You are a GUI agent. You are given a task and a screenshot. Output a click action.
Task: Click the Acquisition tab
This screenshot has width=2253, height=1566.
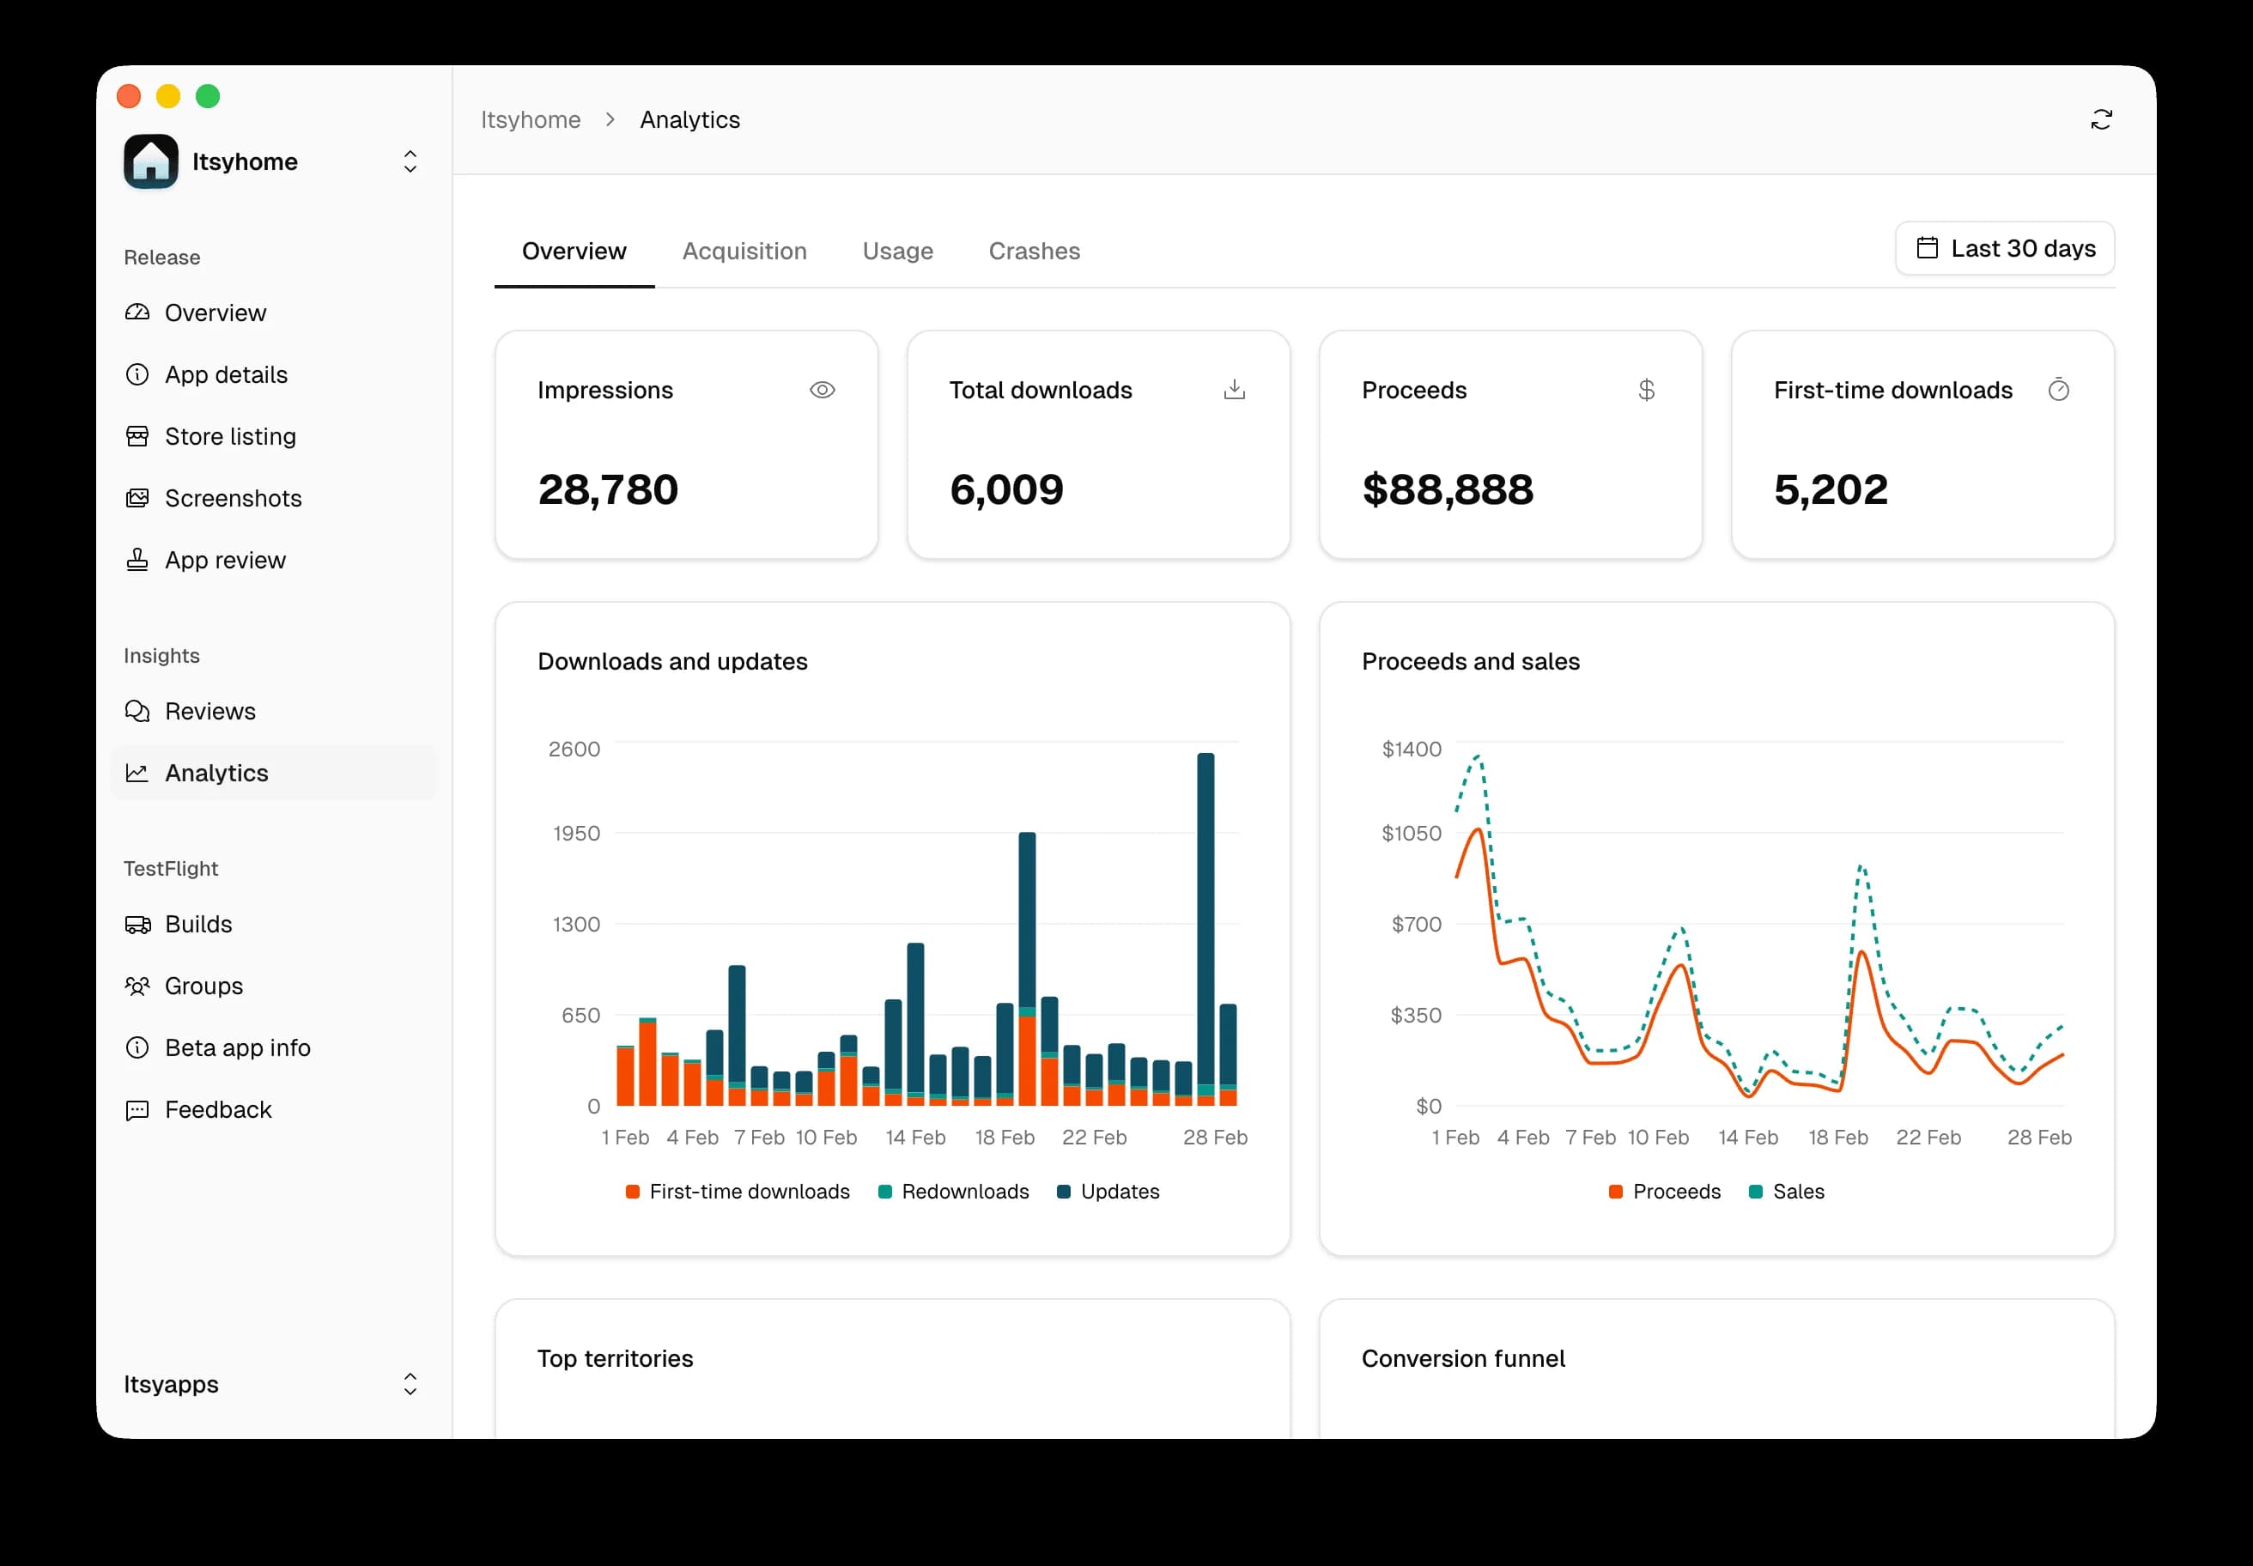click(x=744, y=252)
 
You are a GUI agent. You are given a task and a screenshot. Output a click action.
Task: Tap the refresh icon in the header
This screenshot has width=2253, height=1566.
click(x=2100, y=119)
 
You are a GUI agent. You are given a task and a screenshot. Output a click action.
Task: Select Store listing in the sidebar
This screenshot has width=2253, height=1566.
click(x=229, y=437)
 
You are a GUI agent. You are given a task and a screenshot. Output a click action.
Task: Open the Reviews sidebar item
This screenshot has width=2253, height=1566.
click(x=210, y=712)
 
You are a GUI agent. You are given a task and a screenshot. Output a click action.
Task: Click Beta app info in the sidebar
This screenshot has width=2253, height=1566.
click(x=238, y=1048)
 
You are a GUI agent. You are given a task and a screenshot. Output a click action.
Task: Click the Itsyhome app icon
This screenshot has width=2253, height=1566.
click(x=151, y=162)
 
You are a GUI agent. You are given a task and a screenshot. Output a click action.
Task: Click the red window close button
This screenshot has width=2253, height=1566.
click(x=129, y=96)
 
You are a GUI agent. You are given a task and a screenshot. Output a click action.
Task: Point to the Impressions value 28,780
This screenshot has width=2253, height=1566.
click(x=607, y=489)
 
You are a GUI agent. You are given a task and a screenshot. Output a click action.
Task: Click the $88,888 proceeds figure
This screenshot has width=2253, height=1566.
click(x=1447, y=489)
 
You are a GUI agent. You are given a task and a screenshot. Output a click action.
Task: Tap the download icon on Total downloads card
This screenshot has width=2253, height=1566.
click(x=1234, y=391)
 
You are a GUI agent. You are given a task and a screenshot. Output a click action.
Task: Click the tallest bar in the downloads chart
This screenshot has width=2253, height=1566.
click(x=1205, y=922)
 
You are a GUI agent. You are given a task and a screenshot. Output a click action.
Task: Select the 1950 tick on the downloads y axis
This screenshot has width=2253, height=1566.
click(x=576, y=833)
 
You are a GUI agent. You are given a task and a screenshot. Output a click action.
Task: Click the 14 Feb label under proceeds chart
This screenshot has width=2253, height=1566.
click(x=1746, y=1138)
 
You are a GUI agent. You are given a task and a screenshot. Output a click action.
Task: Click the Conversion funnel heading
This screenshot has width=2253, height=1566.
click(x=1462, y=1359)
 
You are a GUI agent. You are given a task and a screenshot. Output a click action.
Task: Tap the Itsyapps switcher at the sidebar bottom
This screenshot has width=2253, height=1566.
click(x=270, y=1385)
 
